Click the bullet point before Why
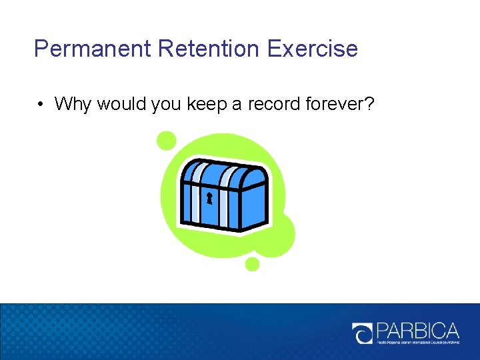41,104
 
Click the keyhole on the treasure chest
209,197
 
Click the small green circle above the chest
166,141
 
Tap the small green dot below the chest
252,264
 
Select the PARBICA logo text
418,331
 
